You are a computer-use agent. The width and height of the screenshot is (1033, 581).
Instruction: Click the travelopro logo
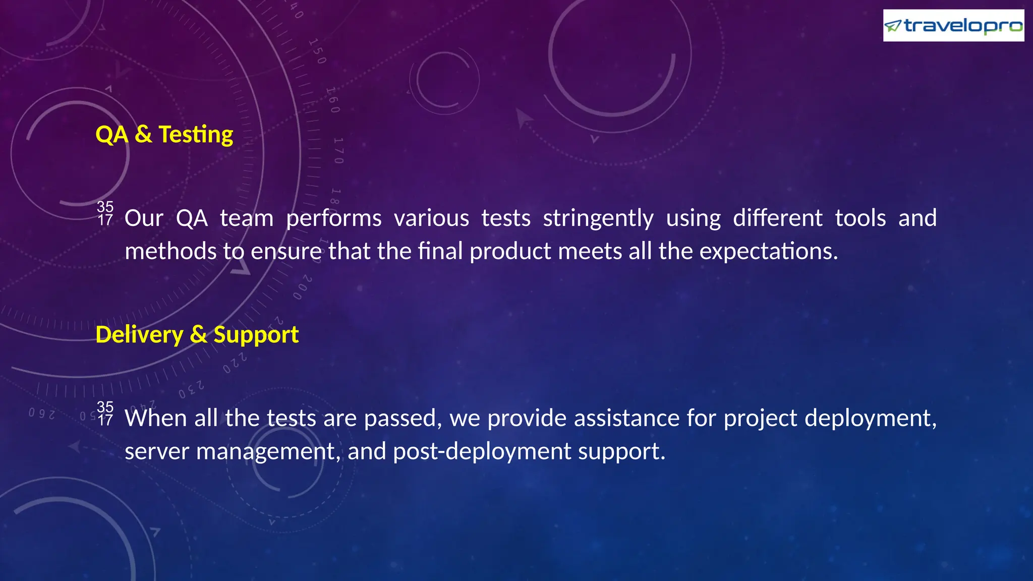pos(953,25)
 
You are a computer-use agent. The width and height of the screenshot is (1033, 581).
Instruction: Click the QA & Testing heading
pos(164,135)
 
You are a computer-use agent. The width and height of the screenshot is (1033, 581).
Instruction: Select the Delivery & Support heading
pos(197,335)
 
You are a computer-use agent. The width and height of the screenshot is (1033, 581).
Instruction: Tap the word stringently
pos(598,219)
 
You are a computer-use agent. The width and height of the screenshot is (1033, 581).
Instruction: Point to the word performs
pos(333,219)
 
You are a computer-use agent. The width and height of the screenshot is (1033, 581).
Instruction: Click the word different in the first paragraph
pos(777,218)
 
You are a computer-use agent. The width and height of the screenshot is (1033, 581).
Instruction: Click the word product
pos(510,251)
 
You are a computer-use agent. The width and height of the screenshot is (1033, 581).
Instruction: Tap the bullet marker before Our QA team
pos(105,213)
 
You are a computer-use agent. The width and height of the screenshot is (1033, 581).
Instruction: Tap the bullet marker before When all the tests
pos(105,414)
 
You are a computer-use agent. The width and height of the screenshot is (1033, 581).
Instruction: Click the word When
pos(156,418)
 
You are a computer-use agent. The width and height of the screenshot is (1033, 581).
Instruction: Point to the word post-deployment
pos(482,452)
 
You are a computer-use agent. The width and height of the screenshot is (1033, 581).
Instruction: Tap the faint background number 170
pos(338,150)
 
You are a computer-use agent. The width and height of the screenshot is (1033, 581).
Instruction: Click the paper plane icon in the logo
pos(893,25)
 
